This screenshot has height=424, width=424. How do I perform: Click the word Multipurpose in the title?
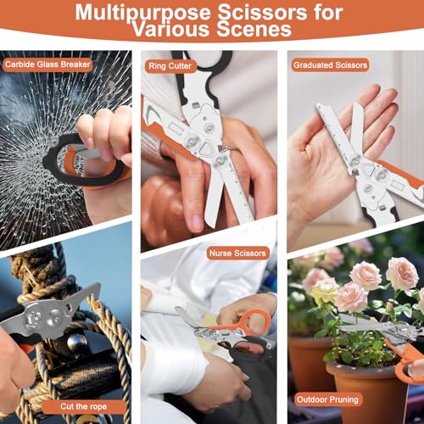pos(142,12)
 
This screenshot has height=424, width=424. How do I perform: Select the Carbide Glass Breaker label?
pos(47,64)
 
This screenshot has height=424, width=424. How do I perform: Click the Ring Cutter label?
pos(170,66)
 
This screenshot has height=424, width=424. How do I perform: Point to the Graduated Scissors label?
pos(330,65)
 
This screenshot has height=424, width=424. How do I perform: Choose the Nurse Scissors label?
pos(237,253)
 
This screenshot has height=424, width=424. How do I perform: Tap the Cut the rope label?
pos(84,406)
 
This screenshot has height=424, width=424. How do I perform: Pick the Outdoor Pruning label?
pos(327,399)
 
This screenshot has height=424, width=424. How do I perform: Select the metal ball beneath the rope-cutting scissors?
pos(77,343)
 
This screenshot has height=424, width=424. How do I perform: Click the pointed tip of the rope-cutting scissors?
pos(98,285)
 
